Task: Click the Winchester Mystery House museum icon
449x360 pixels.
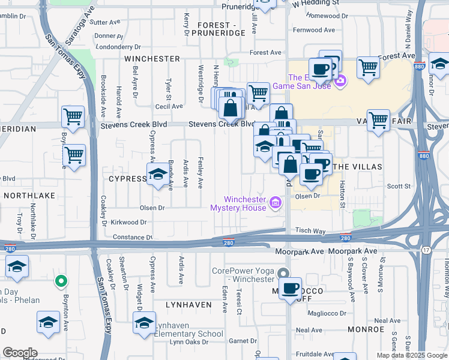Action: pos(276,203)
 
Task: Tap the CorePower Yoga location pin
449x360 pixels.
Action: pos(283,274)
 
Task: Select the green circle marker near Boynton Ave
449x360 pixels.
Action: pos(60,280)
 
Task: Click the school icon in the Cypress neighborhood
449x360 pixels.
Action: pos(158,175)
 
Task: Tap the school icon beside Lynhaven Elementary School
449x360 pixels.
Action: pos(145,323)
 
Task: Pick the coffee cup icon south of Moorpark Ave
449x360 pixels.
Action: pos(291,288)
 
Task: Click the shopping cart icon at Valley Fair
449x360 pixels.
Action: pos(379,121)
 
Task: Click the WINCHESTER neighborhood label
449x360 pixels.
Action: pos(152,59)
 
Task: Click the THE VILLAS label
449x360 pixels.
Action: pos(357,166)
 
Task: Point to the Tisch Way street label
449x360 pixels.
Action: pos(310,231)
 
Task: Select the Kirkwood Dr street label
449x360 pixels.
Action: pos(128,222)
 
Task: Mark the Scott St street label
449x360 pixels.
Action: pos(398,187)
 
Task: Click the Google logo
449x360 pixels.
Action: pos(20,353)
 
